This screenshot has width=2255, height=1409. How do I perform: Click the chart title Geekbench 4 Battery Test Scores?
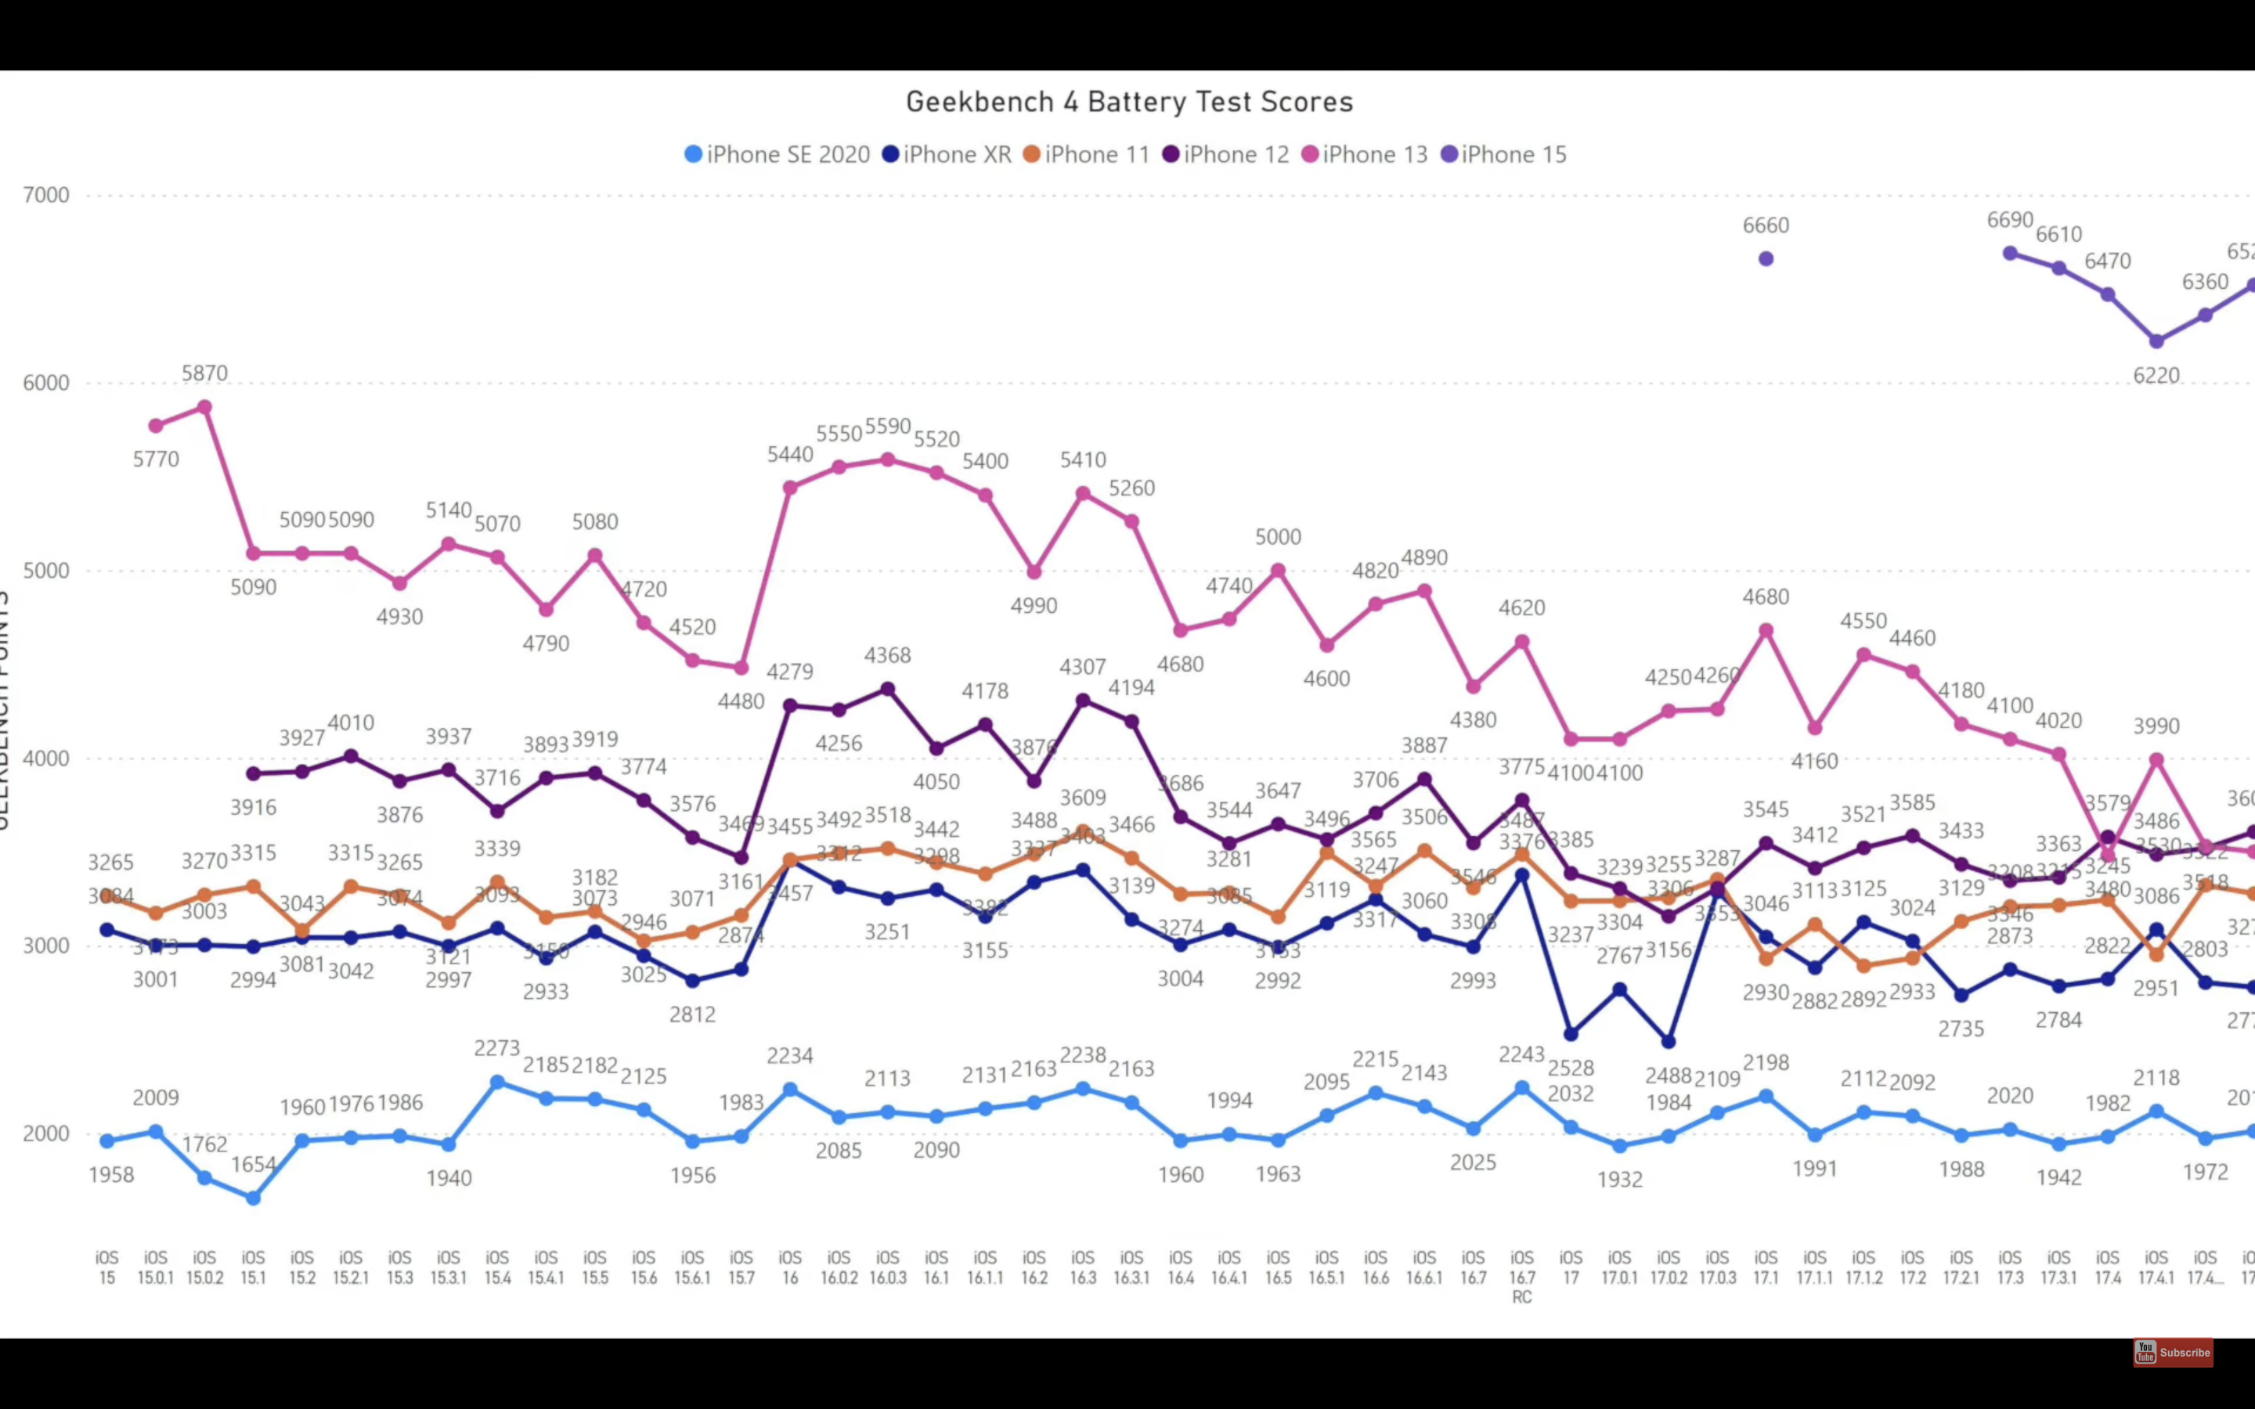tap(1128, 102)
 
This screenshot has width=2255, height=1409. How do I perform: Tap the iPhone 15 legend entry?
tap(1504, 155)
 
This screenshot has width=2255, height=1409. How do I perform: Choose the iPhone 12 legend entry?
tap(1226, 155)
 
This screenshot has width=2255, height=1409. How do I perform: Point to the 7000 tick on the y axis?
tap(47, 195)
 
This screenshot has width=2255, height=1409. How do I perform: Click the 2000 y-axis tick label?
tap(47, 1133)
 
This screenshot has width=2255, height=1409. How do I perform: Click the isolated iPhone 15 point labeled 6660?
tap(1766, 259)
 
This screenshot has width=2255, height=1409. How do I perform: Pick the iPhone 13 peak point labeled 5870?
tap(205, 407)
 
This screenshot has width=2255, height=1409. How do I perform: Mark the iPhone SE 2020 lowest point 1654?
tap(254, 1198)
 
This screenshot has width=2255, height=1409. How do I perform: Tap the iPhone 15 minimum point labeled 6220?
tap(2156, 341)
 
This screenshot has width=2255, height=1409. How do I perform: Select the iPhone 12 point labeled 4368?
tap(888, 690)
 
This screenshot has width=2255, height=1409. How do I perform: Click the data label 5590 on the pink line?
tap(887, 426)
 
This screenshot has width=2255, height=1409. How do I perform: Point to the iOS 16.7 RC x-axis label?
tap(1521, 1277)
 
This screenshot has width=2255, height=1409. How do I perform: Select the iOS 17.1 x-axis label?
tap(1766, 1267)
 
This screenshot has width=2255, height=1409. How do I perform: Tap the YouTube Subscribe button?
tap(2173, 1352)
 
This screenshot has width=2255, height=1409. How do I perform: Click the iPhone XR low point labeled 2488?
tap(1668, 1042)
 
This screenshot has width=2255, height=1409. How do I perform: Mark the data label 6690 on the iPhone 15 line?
tap(2010, 220)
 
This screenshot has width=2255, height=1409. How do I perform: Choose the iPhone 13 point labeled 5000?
tap(1279, 571)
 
